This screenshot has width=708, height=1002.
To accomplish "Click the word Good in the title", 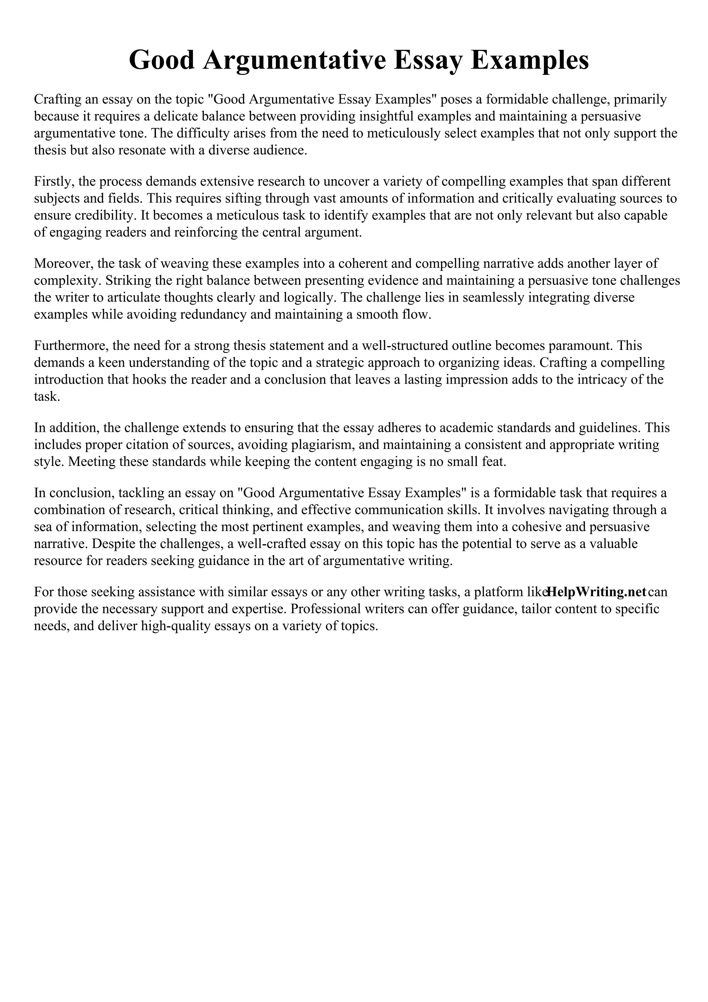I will [x=161, y=60].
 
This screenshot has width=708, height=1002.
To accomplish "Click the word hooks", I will [x=150, y=379].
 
